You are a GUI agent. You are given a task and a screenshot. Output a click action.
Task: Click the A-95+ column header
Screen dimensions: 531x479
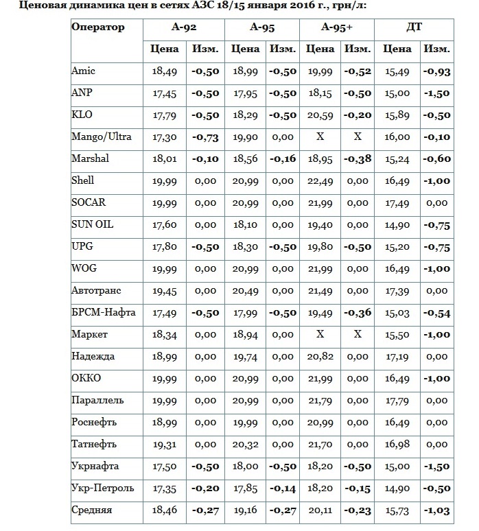(x=336, y=27)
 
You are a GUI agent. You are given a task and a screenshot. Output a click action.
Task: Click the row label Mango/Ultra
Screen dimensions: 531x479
(x=102, y=137)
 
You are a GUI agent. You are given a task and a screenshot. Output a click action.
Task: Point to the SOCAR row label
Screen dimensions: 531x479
(x=89, y=202)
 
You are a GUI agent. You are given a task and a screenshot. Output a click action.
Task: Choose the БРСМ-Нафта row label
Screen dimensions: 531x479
(x=104, y=312)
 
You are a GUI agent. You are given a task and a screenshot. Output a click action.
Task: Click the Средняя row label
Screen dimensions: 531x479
(x=92, y=510)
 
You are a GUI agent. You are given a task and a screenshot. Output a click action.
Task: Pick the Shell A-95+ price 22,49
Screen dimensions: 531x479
(x=320, y=181)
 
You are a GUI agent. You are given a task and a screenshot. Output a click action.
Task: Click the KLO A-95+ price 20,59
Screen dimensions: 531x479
(x=320, y=115)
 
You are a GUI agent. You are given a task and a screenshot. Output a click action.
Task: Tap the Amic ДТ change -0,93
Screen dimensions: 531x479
(x=436, y=71)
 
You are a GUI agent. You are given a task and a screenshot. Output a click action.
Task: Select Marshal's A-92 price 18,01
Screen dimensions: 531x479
(x=165, y=159)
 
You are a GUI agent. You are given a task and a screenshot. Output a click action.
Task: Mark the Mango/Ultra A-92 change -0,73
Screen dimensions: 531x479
(x=205, y=137)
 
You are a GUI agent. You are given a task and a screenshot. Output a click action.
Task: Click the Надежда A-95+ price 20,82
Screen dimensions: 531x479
(x=320, y=357)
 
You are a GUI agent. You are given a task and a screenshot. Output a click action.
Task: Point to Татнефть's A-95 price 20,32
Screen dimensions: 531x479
(x=244, y=445)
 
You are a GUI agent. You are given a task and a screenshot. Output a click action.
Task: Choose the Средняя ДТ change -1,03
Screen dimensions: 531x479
(x=436, y=510)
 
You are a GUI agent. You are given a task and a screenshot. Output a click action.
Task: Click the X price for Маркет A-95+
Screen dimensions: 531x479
(x=320, y=334)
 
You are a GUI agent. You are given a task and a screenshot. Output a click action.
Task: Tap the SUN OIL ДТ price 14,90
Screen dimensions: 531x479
(x=397, y=225)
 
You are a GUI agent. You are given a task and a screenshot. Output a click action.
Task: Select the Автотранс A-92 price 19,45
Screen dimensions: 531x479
(x=165, y=291)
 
